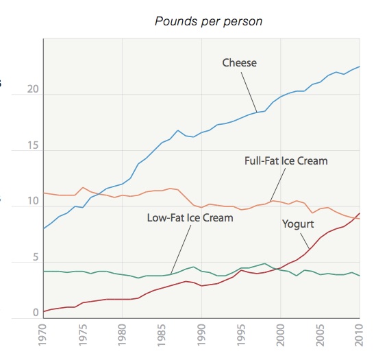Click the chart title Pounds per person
coord(209,21)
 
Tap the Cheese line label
coord(239,63)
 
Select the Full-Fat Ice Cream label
coord(286,161)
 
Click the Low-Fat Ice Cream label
coord(190,218)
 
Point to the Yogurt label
coord(299,224)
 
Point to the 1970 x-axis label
coord(44,337)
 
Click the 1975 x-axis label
coord(84,337)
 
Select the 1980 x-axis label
coord(123,337)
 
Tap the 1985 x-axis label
coord(162,337)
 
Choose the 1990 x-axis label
coord(202,337)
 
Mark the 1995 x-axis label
coord(242,337)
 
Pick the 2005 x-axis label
coord(321,337)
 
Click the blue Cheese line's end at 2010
coord(360,67)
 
